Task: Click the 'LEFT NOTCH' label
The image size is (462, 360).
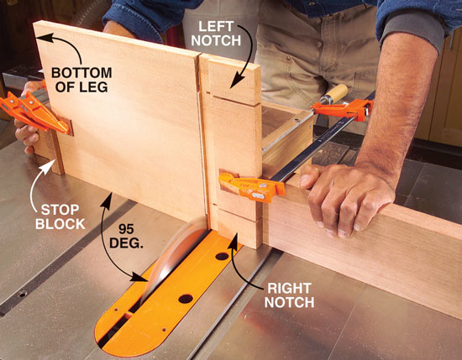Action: click(216, 34)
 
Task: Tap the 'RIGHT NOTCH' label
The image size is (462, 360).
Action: click(289, 295)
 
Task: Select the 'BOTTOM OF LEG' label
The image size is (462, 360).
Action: click(81, 80)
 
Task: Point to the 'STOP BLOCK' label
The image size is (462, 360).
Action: click(60, 217)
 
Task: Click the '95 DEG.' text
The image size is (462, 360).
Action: click(126, 236)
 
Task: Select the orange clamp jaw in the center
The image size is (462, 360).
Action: click(251, 186)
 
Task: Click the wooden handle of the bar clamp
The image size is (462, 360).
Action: click(334, 94)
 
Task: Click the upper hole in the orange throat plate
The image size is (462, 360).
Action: click(222, 256)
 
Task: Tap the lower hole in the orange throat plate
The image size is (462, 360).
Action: click(186, 299)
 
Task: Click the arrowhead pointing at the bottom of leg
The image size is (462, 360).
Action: click(45, 39)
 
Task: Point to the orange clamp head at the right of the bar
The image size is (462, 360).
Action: click(344, 109)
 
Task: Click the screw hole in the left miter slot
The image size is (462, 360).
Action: click(22, 294)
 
